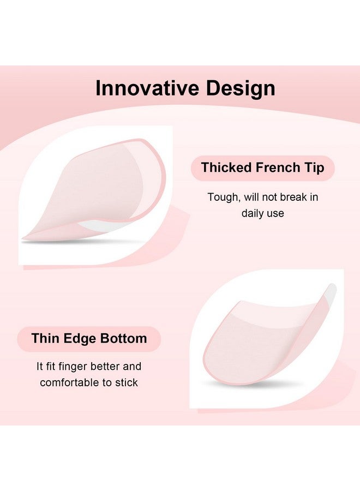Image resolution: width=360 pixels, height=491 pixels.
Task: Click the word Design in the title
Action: [241, 88]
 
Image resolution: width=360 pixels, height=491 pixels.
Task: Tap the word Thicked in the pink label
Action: [227, 167]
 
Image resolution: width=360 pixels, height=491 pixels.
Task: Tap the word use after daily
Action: [277, 214]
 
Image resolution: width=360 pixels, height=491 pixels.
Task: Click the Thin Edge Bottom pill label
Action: [89, 339]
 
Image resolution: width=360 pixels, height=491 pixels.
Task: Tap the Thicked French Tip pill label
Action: [263, 168]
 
